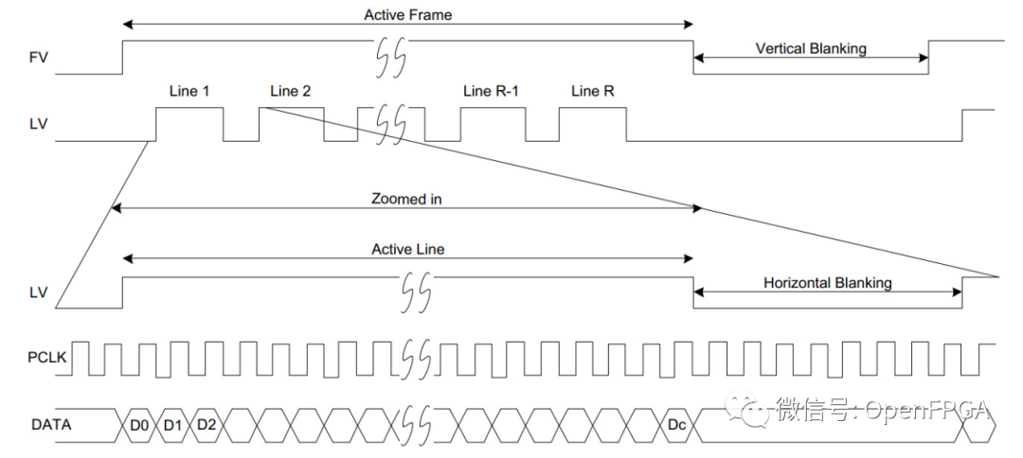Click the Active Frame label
click(x=407, y=14)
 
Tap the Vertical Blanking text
click(x=811, y=49)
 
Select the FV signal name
click(x=39, y=59)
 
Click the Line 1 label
click(x=188, y=92)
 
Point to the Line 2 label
click(x=291, y=92)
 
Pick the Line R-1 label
click(x=492, y=92)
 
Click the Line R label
click(x=592, y=92)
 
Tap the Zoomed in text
click(x=406, y=200)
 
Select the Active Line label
click(x=407, y=249)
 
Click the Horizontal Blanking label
click(x=827, y=283)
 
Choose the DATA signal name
click(x=51, y=426)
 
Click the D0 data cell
click(x=139, y=426)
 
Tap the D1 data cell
click(x=173, y=426)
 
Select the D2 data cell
click(x=206, y=426)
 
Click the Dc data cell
click(x=676, y=426)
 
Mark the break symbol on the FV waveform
click(x=391, y=57)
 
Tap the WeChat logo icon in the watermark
click(x=746, y=409)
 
